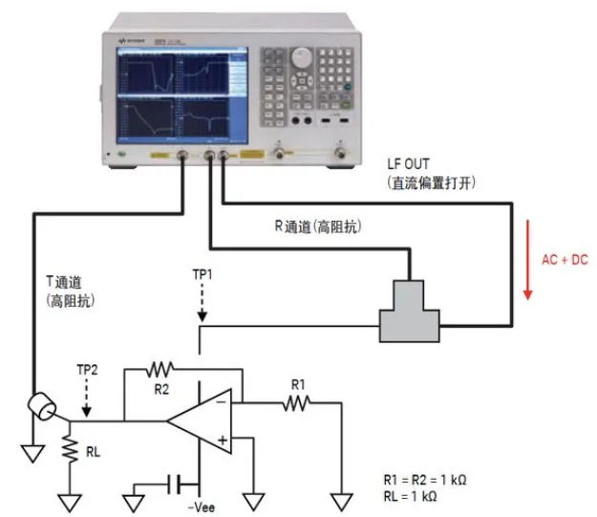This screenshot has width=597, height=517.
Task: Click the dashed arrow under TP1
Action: pos(200,302)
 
